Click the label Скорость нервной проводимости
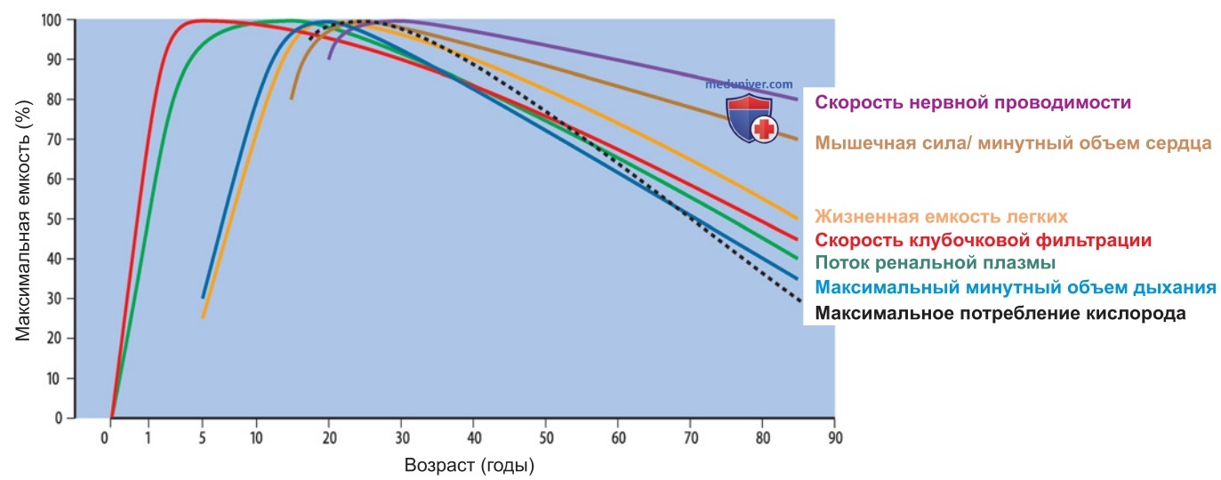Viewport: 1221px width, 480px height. (x=972, y=102)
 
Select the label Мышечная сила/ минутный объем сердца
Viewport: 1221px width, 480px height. (x=1013, y=143)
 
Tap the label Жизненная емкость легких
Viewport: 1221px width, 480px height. (x=941, y=216)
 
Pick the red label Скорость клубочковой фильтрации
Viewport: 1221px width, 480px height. (x=983, y=240)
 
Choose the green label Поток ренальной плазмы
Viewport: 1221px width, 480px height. (x=935, y=262)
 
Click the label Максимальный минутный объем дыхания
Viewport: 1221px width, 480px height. (x=1016, y=287)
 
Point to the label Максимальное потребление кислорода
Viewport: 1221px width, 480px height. (x=1000, y=313)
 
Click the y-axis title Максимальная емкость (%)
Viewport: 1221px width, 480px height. (x=23, y=220)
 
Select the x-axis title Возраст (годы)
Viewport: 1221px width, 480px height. (x=470, y=465)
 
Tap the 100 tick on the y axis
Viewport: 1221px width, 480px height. (x=51, y=20)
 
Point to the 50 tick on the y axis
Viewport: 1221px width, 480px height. (x=52, y=219)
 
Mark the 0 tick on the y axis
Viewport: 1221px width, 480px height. (x=58, y=418)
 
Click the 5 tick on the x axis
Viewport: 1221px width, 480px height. (x=202, y=438)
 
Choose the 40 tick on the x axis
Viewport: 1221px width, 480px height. (x=474, y=438)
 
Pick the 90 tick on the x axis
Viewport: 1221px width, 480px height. (x=835, y=438)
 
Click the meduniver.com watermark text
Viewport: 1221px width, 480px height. (x=749, y=84)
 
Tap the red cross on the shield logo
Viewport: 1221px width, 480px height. (x=764, y=130)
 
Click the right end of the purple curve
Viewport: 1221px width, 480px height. (x=797, y=100)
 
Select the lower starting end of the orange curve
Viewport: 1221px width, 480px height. (x=203, y=317)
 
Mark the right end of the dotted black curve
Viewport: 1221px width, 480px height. (x=799, y=300)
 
